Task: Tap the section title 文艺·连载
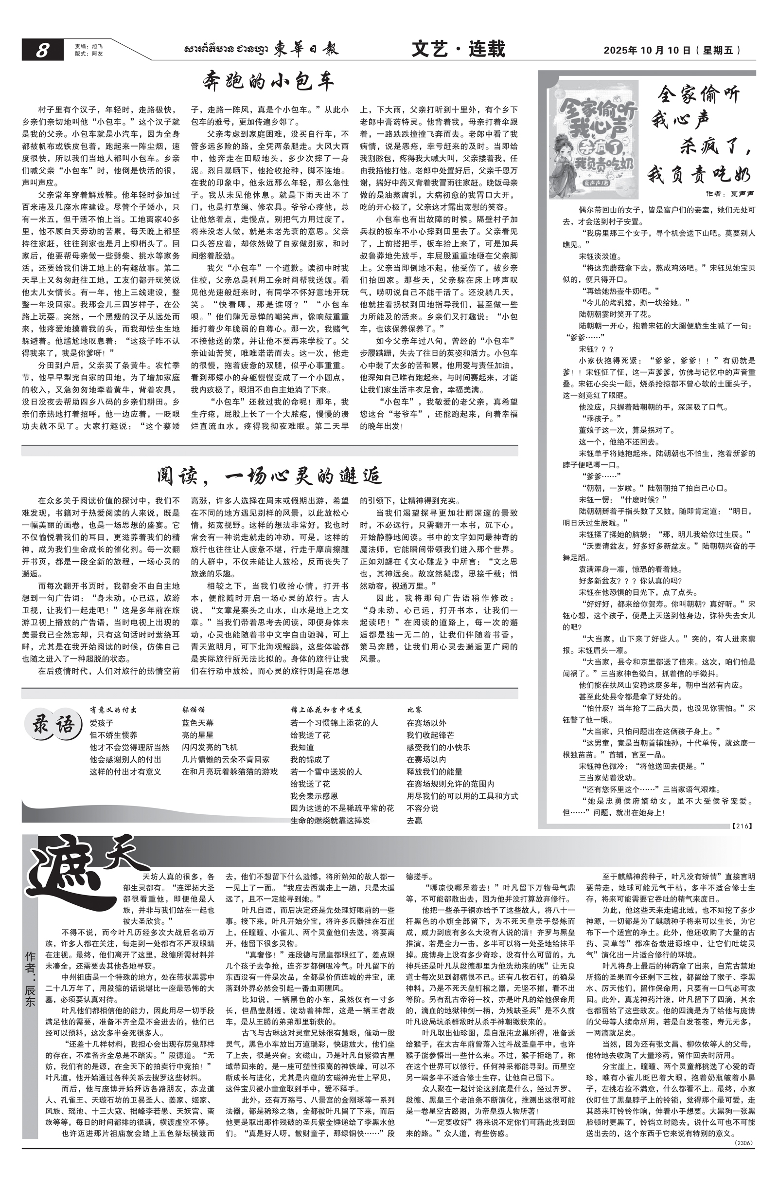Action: (458, 49)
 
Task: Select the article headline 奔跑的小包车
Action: (268, 82)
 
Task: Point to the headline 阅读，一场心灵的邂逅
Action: (269, 476)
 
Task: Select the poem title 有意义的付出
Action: (113, 709)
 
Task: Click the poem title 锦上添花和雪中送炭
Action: (326, 709)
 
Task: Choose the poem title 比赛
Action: (414, 709)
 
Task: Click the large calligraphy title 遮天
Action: (85, 870)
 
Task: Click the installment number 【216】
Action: (742, 825)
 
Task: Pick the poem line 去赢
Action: (414, 820)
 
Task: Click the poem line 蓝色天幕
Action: (197, 723)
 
